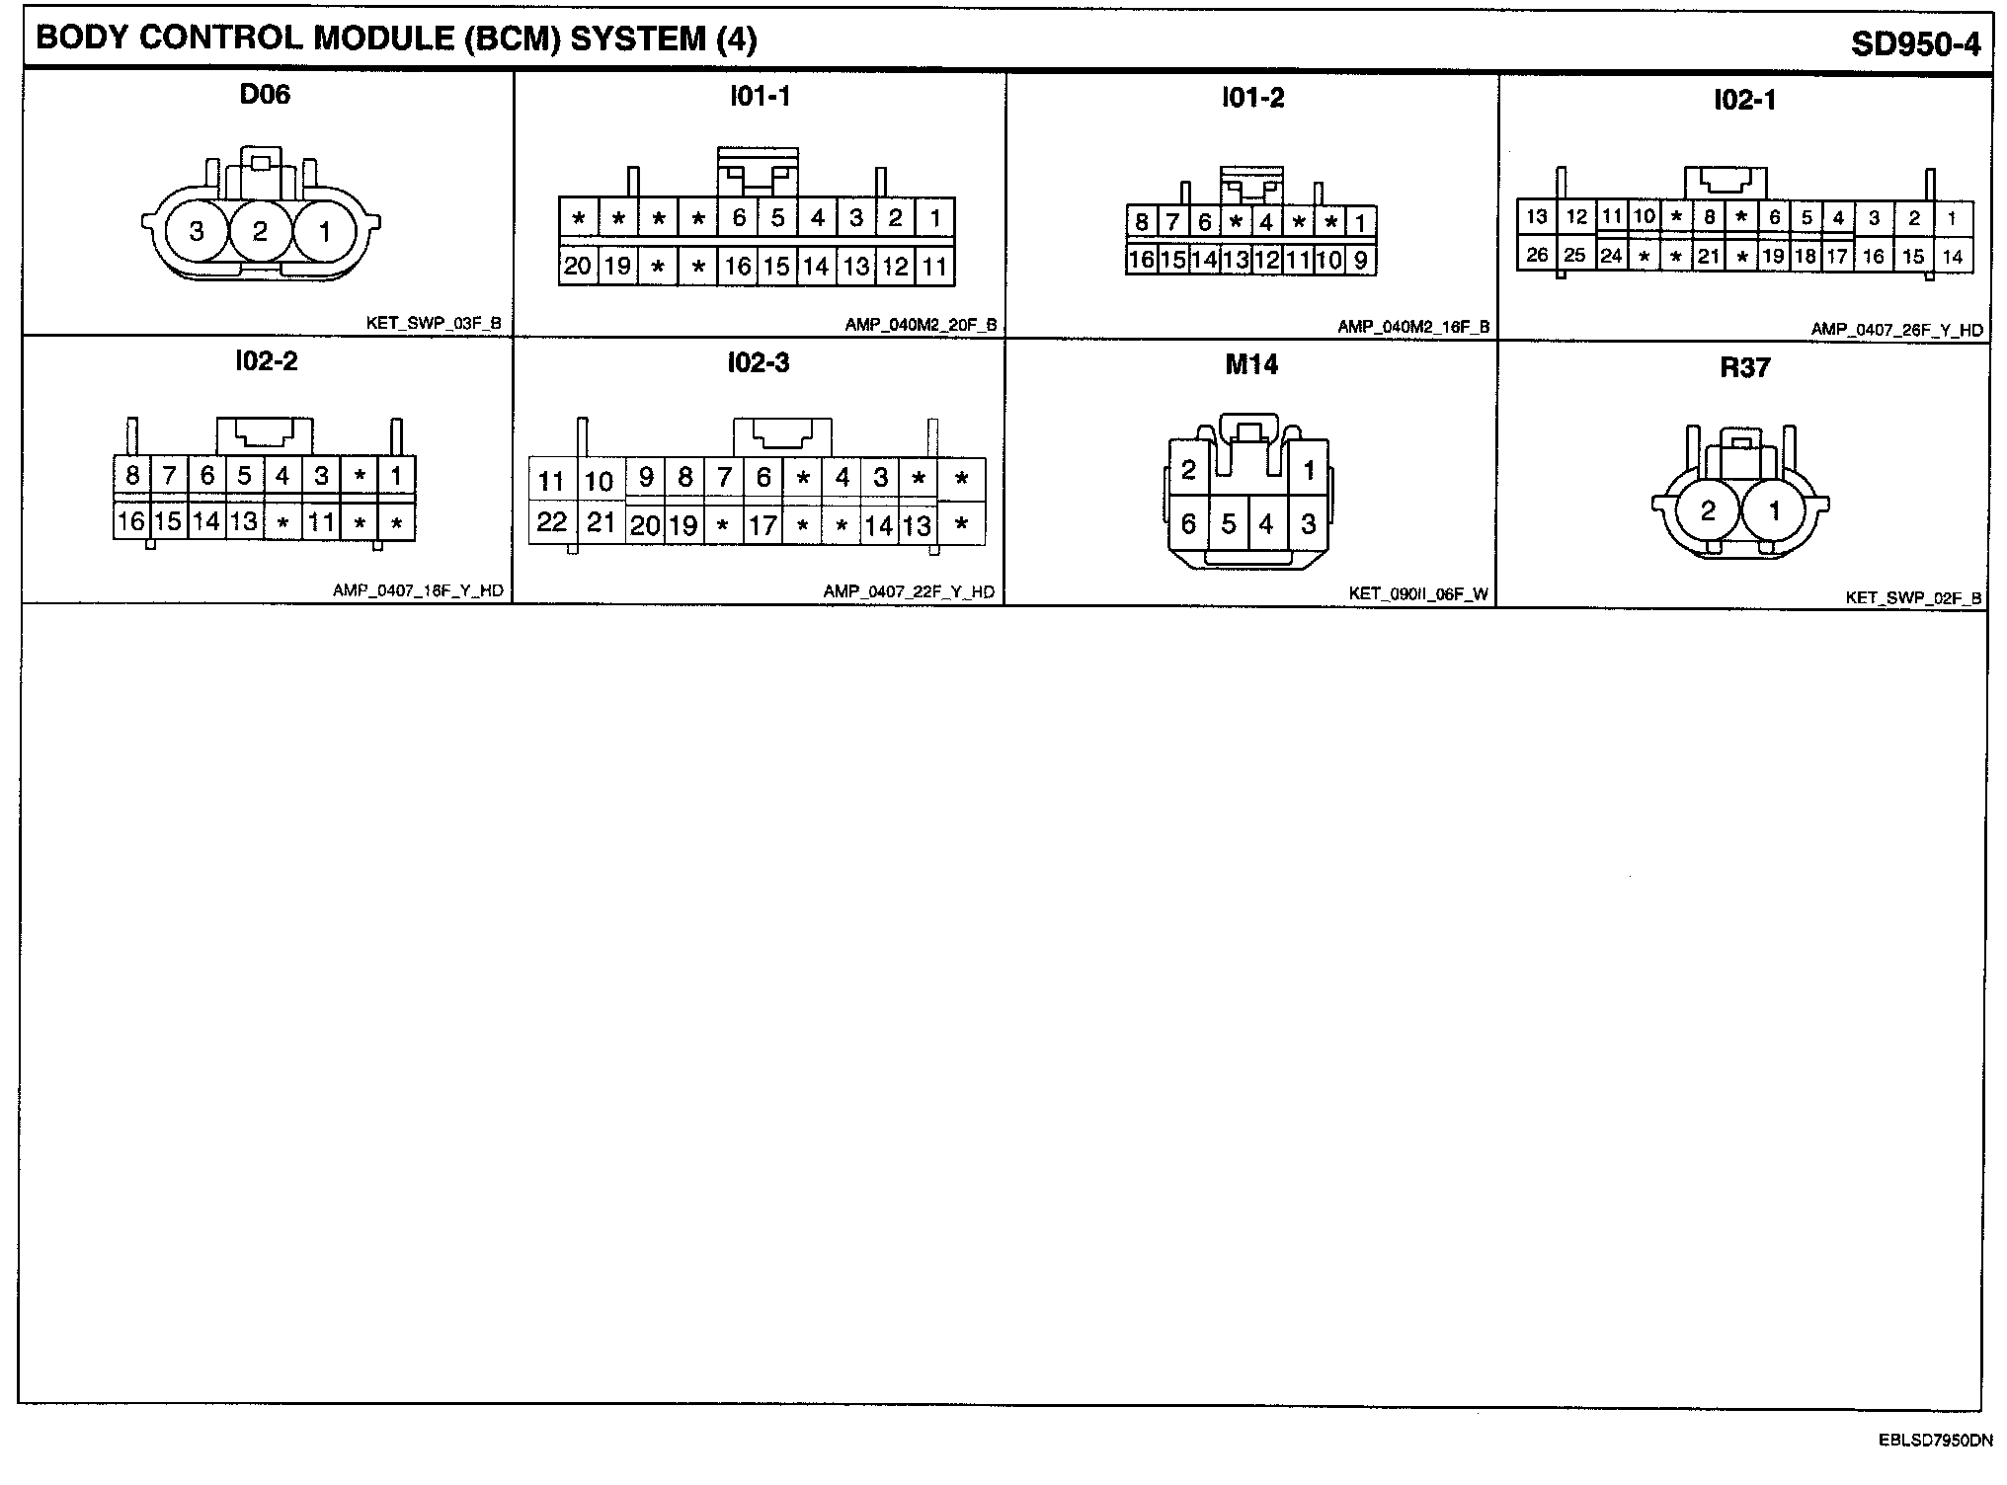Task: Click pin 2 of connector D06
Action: pos(260,231)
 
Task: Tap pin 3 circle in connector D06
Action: pos(197,231)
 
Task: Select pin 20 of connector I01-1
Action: pos(578,266)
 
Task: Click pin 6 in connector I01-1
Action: pos(738,217)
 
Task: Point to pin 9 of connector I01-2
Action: pos(1361,261)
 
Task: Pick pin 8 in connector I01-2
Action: pos(1141,222)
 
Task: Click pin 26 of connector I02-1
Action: pos(1537,255)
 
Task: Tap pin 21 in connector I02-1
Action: pos(1709,257)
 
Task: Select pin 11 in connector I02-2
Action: pos(321,521)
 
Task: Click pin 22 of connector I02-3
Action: pos(552,521)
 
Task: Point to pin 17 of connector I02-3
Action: pos(763,525)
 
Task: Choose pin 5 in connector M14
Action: pos(1229,523)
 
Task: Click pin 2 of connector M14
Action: pos(1188,470)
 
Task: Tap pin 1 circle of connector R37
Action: pos(1774,509)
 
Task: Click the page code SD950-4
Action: pos(1915,44)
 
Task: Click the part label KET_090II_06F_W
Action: pos(1418,594)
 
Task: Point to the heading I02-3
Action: pos(759,363)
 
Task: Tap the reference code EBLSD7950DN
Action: pos(1935,1441)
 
